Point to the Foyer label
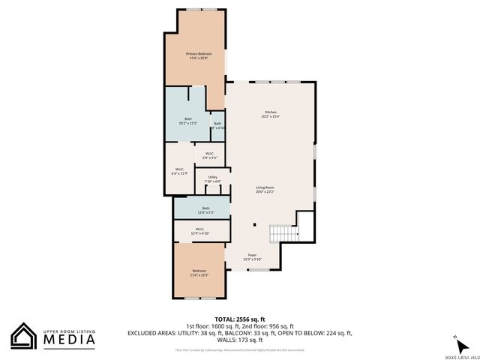(251, 257)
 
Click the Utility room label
(212, 178)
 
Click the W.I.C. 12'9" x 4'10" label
(200, 231)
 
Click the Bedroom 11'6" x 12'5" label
(199, 272)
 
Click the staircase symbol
(284, 233)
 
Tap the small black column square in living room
(254, 224)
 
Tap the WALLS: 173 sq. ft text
(239, 340)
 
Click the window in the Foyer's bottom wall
(259, 269)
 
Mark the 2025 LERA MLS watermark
(461, 355)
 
